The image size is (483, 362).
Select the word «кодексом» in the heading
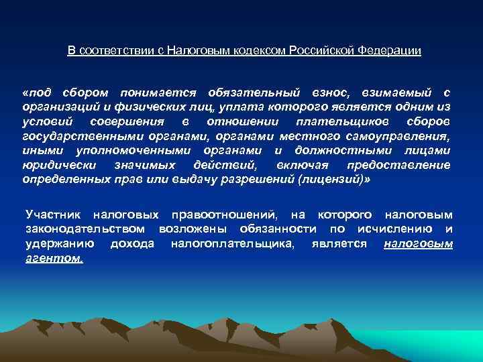[260, 51]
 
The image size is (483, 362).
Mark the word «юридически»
[52, 167]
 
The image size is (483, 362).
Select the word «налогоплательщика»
[233, 245]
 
